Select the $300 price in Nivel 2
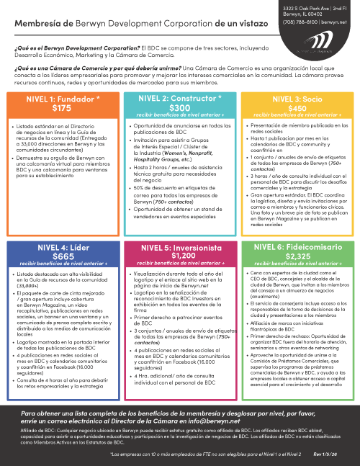point(179,107)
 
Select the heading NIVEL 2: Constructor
point(179,98)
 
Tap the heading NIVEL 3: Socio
point(297,98)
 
